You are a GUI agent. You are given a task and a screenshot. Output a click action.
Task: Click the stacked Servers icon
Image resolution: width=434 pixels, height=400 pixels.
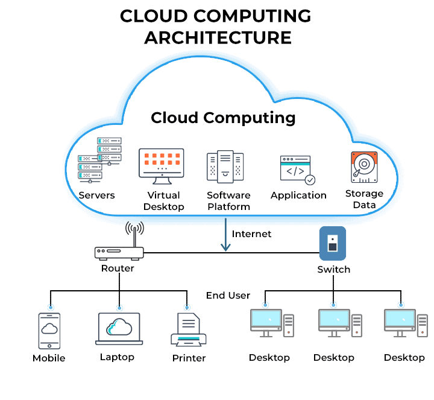coord(99,160)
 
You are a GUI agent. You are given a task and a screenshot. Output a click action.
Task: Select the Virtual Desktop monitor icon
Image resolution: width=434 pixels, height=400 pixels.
coord(161,164)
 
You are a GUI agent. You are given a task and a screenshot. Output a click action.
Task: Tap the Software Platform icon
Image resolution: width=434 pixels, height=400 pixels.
coord(225,166)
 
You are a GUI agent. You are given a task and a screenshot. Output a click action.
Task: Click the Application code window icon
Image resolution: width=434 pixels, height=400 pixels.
coord(297,170)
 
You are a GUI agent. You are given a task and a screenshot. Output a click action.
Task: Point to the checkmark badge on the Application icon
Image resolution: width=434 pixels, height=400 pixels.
coord(310,180)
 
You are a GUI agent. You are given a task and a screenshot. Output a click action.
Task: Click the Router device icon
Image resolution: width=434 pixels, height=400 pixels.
coord(119,253)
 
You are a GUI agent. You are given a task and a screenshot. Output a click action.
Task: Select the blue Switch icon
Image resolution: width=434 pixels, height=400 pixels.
coord(332,243)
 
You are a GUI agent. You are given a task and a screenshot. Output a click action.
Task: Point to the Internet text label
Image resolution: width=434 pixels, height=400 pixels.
coord(251,233)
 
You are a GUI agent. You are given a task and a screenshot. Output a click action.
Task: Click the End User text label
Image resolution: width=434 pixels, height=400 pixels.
coord(228,295)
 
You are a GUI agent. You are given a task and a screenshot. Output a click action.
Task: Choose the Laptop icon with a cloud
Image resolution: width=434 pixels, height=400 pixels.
coord(119,329)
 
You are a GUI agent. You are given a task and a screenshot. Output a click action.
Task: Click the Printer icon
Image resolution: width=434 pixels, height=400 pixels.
coord(188,330)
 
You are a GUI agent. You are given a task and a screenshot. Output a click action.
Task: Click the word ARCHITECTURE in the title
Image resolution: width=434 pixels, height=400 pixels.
coord(218,37)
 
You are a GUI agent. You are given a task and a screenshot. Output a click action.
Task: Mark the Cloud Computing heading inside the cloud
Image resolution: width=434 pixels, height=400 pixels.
coord(223,117)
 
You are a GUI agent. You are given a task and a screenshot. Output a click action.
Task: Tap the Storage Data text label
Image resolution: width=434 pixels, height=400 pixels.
coord(364,199)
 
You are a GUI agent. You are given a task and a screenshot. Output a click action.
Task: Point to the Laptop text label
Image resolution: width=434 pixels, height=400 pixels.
coord(117,357)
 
